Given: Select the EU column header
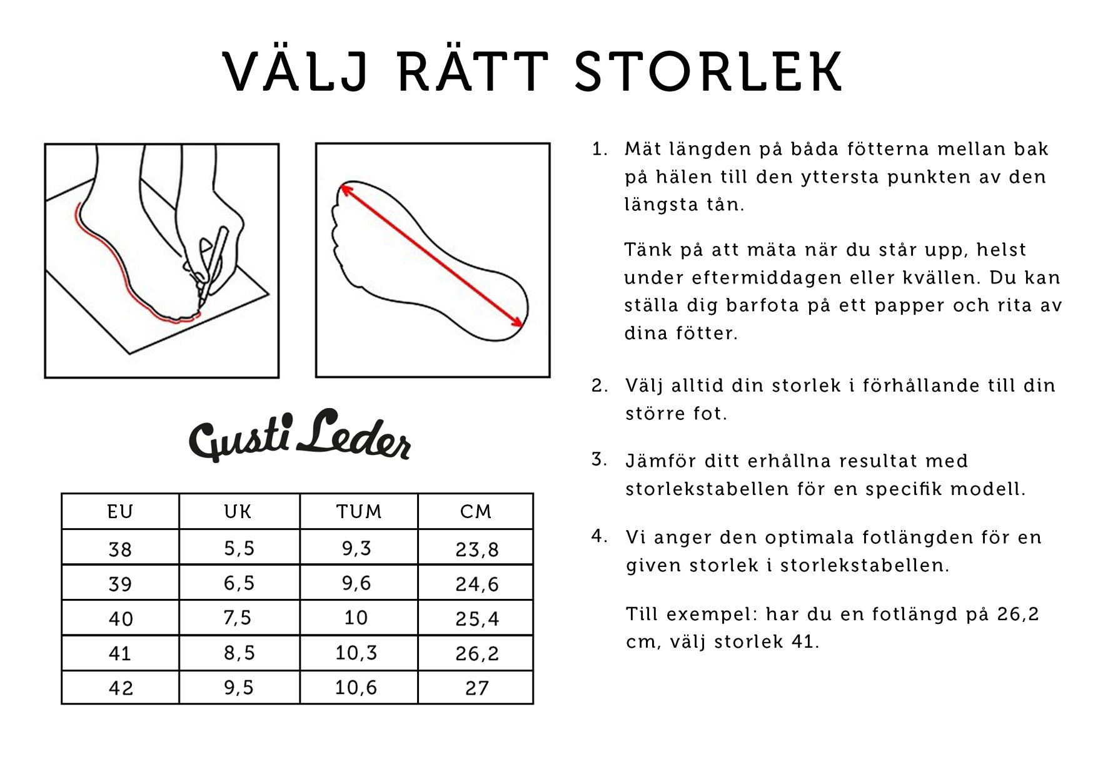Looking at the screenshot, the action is (x=121, y=512).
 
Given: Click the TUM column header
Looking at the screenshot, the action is (x=359, y=512).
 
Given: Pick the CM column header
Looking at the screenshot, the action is (x=476, y=512).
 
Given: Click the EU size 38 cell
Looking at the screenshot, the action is (x=120, y=549).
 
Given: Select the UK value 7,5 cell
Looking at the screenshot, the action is (x=238, y=618).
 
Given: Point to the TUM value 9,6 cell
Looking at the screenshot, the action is (x=356, y=583).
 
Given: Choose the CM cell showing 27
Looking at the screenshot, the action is (x=476, y=688).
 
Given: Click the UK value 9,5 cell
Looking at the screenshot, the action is (x=239, y=688).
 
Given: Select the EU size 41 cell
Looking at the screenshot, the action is (x=120, y=653).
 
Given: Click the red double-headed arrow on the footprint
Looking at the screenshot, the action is (x=431, y=255).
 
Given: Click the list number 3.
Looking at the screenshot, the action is (x=600, y=460).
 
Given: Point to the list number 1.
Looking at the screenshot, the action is (x=600, y=150).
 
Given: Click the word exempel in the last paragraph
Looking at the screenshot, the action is (x=712, y=615).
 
